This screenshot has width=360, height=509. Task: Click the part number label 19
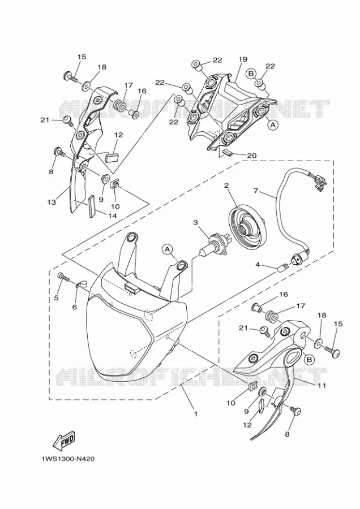coord(243,59)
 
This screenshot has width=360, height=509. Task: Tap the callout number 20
coord(251,156)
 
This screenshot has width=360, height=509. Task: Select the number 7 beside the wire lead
coord(256,191)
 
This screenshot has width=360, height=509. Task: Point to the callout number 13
coord(51,202)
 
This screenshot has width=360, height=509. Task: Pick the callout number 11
coord(322,385)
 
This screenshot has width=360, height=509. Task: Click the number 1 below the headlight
coord(196,414)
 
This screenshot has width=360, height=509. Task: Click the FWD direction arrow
coord(64,442)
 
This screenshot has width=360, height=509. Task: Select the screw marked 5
coord(63,277)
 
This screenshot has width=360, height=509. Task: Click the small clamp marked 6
coord(82,284)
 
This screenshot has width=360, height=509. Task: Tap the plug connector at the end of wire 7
coord(320,181)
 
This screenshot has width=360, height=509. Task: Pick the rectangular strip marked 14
coord(91,206)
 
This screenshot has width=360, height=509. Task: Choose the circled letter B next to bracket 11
coord(309,360)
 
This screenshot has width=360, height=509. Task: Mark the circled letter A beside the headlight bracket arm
coord(168,249)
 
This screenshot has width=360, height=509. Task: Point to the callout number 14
coord(112,215)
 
